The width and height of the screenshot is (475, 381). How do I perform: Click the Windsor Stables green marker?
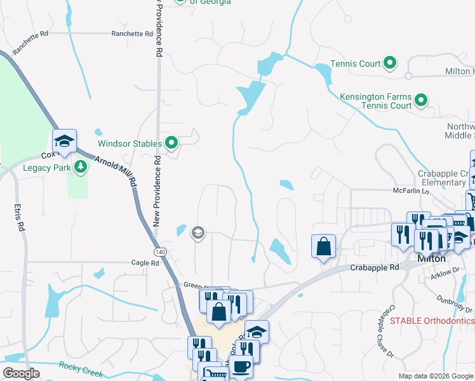[x=171, y=144]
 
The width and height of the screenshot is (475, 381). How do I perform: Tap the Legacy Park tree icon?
[x=80, y=168]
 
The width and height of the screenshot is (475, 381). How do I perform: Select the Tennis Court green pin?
[x=390, y=63]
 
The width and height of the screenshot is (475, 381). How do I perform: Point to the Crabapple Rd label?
[x=375, y=268]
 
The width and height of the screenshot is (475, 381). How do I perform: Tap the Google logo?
[x=22, y=373]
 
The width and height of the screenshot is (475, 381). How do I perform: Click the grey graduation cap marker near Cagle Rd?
[x=197, y=233]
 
